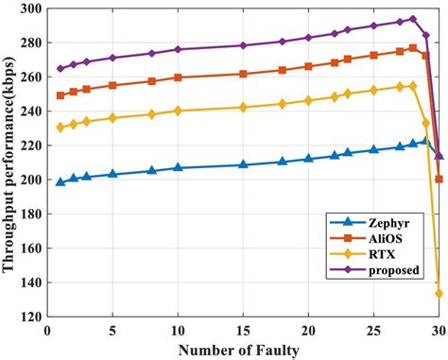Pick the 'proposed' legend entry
point(388,271)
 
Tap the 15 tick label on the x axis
point(243,331)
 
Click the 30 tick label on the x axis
point(438,331)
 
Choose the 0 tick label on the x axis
point(48,331)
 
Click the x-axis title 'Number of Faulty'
point(243,350)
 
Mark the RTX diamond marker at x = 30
point(439,294)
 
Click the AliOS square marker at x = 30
point(439,179)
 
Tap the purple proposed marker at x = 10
point(178,49)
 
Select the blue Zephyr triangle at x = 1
point(60,181)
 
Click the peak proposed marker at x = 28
point(412,19)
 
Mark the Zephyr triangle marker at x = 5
point(112,174)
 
